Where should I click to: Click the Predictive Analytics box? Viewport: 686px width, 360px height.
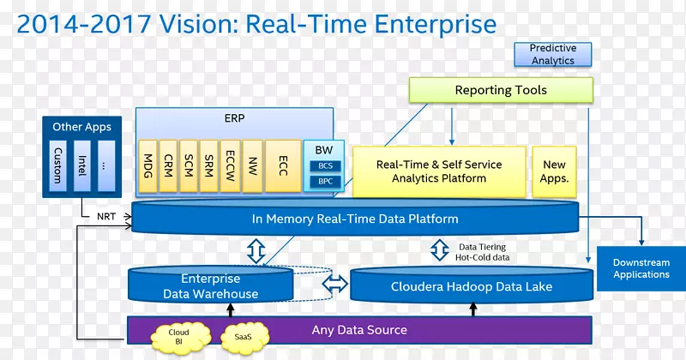[x=552, y=55]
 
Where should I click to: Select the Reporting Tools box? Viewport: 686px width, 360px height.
[x=501, y=90]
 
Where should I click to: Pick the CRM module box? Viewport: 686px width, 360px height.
[x=167, y=165]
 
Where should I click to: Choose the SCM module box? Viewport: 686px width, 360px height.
[x=189, y=165]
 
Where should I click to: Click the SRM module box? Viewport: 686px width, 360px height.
[x=209, y=165]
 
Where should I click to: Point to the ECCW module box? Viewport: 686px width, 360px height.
[x=231, y=165]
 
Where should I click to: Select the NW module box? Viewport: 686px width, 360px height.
[x=252, y=165]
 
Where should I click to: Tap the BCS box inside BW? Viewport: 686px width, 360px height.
[x=325, y=165]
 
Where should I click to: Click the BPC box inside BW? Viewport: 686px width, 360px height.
[x=325, y=182]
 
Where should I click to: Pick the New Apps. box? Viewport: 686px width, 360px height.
[x=555, y=171]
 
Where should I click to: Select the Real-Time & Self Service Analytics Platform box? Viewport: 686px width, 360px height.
[x=439, y=171]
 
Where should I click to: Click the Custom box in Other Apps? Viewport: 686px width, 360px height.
[x=57, y=166]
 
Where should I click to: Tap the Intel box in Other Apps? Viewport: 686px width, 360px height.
[x=81, y=166]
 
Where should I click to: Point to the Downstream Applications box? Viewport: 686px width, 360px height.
[x=641, y=268]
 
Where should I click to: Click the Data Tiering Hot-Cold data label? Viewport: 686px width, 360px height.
[x=482, y=252]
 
